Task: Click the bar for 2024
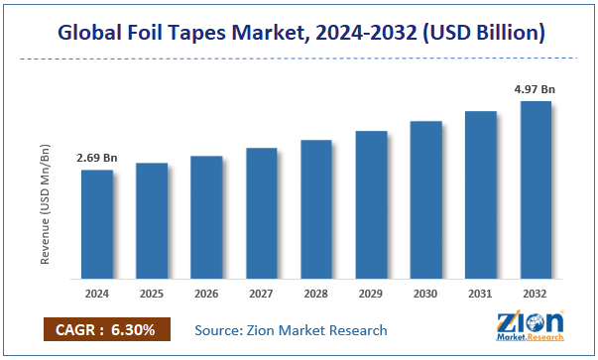pyautogui.click(x=97, y=223)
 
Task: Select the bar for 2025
pyautogui.click(x=152, y=220)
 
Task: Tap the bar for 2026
pyautogui.click(x=206, y=216)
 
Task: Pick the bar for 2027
pyautogui.click(x=261, y=212)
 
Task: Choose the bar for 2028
pyautogui.click(x=315, y=208)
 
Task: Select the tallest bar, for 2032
pyautogui.click(x=535, y=188)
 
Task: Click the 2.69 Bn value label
pyautogui.click(x=96, y=158)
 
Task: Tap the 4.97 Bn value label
pyautogui.click(x=535, y=89)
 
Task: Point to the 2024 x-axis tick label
pyautogui.click(x=97, y=295)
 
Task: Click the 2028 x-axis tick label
pyautogui.click(x=315, y=295)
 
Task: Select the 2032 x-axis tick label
pyautogui.click(x=535, y=295)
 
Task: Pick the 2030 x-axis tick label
pyautogui.click(x=425, y=295)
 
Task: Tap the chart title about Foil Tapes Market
pyautogui.click(x=298, y=33)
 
